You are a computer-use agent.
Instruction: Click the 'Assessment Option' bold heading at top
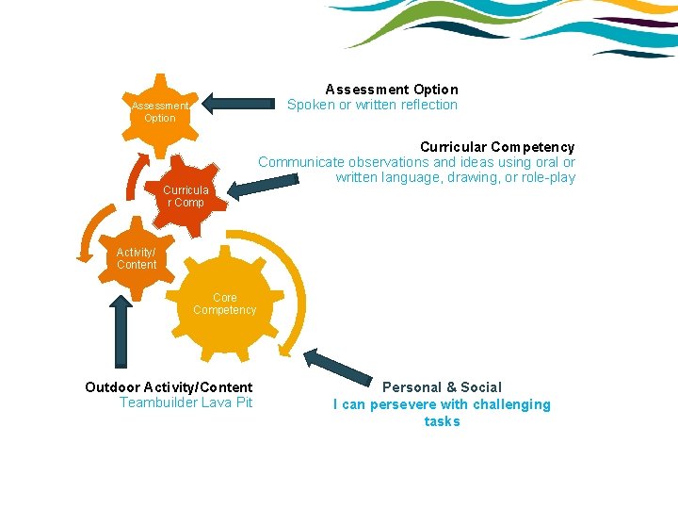[x=392, y=90]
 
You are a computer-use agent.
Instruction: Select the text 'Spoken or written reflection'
[x=372, y=106]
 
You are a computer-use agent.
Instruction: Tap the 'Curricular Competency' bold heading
[x=496, y=147]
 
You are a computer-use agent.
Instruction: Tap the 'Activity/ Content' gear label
[x=137, y=258]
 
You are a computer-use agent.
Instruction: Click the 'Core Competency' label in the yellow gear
[x=224, y=304]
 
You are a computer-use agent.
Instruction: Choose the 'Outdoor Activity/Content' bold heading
[x=169, y=387]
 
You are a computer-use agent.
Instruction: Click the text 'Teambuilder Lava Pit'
[x=186, y=403]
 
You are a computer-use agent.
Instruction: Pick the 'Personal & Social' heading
[x=442, y=387]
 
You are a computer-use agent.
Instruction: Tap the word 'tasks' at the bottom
[x=442, y=421]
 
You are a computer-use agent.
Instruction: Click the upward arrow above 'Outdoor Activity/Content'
[x=121, y=330]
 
